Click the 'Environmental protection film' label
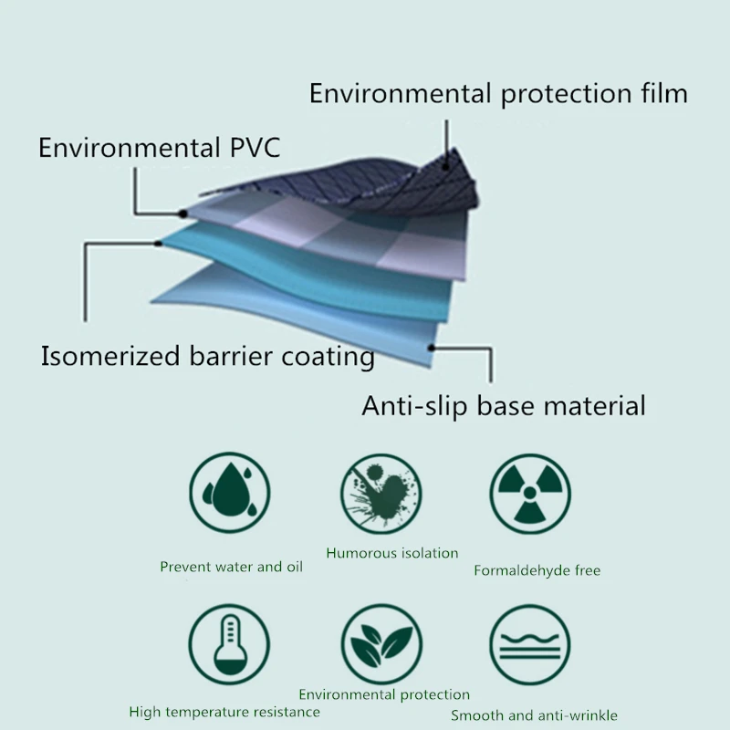pos(498,94)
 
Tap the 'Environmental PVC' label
pos(160,148)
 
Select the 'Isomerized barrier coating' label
pos(207,356)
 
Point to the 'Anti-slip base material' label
pos(504,405)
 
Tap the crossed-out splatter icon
pos(381,495)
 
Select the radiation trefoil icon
pos(528,495)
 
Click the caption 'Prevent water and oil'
pos(231,567)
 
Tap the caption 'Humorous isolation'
pos(392,553)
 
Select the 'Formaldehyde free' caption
pos(537,571)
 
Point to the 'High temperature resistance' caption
pos(224,712)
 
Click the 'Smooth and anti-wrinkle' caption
pos(534,715)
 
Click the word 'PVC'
pos(249,148)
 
